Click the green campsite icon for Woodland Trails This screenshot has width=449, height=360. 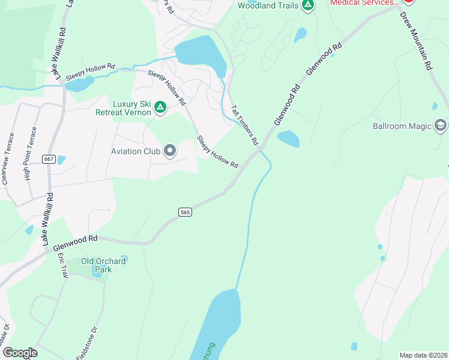pyautogui.click(x=307, y=5)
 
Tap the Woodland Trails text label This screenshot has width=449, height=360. pyautogui.click(x=268, y=5)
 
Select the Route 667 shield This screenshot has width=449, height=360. pyautogui.click(x=49, y=158)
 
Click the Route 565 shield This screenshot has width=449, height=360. pyautogui.click(x=185, y=212)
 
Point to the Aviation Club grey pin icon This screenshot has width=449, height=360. pyautogui.click(x=170, y=151)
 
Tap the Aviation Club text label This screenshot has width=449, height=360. pyautogui.click(x=136, y=151)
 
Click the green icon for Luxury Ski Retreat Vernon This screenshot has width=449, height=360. pyautogui.click(x=160, y=107)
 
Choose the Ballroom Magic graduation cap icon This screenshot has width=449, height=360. pyautogui.click(x=441, y=125)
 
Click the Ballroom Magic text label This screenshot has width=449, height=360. pyautogui.click(x=402, y=126)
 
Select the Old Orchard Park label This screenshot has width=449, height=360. pyautogui.click(x=103, y=265)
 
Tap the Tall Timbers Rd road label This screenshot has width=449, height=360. pyautogui.click(x=244, y=125)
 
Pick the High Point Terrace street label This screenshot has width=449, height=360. pyautogui.click(x=30, y=153)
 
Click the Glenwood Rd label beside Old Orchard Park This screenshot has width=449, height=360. pyautogui.click(x=75, y=242)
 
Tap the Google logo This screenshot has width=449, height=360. pyautogui.click(x=20, y=353)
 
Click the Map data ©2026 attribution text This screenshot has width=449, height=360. pyautogui.click(x=423, y=355)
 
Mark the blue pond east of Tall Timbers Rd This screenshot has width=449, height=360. pyautogui.click(x=288, y=139)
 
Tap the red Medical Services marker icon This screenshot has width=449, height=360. pyautogui.click(x=409, y=2)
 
